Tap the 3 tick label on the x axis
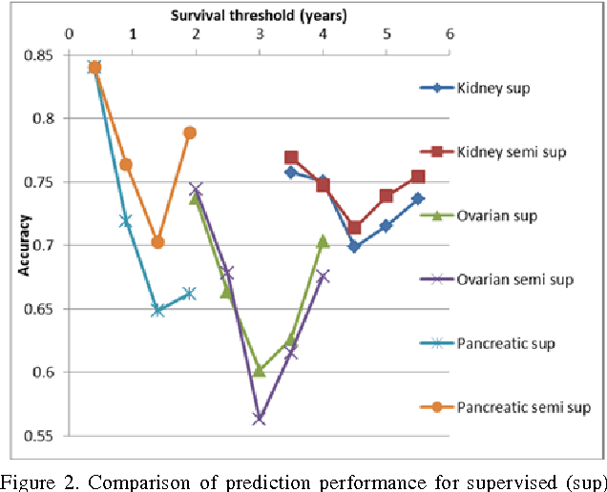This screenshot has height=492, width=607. point(260,35)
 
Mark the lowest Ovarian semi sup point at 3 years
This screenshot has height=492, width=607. point(259,419)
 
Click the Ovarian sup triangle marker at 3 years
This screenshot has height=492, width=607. point(259,371)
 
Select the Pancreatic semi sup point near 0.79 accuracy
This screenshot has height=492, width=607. point(190,133)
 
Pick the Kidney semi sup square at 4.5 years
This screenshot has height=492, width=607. point(354,227)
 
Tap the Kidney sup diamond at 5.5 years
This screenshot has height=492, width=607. point(418,198)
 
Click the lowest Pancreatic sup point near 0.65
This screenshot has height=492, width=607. point(158,310)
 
